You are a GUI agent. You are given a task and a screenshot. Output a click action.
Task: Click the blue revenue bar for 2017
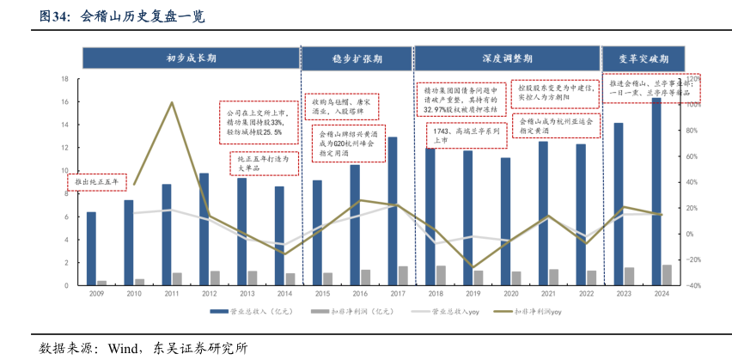[392, 211]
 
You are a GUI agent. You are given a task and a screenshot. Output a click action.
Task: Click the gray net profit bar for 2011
[177, 278]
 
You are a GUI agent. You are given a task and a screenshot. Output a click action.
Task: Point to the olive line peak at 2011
[173, 103]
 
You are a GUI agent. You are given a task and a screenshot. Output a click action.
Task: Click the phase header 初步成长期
[191, 58]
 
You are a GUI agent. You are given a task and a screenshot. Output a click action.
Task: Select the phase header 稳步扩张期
[357, 58]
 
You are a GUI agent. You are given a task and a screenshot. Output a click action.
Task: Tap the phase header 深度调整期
[506, 58]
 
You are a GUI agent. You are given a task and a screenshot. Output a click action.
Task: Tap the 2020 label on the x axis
[510, 294]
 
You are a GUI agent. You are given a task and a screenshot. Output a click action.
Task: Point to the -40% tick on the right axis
[693, 285]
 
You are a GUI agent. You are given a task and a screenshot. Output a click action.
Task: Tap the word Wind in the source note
[125, 348]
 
